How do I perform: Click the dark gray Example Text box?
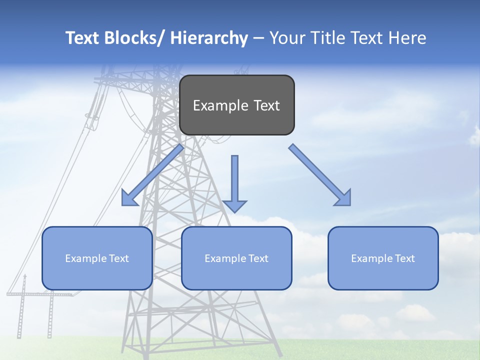click(x=236, y=105)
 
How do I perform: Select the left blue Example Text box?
click(x=97, y=258)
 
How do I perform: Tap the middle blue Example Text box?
click(x=236, y=258)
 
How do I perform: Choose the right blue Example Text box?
click(x=383, y=258)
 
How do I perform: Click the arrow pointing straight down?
click(x=234, y=183)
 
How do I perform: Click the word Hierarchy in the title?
click(x=209, y=38)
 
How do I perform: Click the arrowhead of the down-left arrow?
click(x=129, y=198)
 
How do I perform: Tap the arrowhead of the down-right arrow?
click(x=343, y=198)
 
